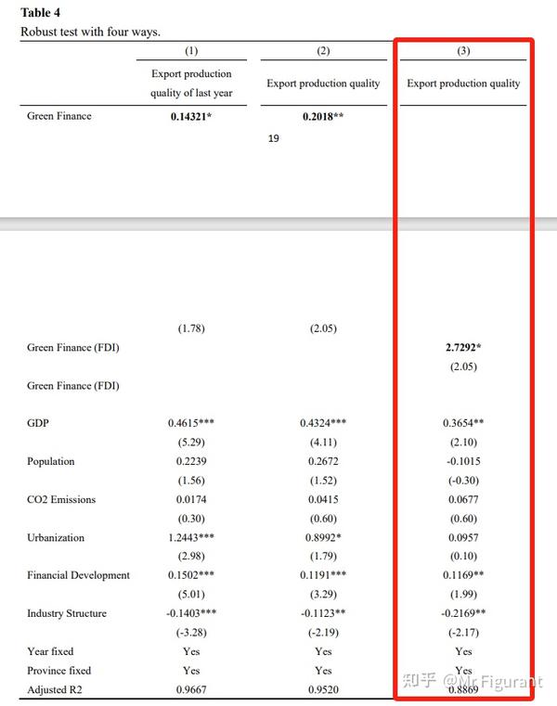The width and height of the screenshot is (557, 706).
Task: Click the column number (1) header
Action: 191,51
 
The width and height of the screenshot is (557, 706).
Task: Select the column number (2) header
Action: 323,51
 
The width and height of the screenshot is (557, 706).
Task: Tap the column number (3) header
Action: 464,51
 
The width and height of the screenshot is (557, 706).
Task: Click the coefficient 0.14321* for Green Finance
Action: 191,117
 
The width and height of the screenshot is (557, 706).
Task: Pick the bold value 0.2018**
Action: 323,117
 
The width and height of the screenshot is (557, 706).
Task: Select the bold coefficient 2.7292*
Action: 464,348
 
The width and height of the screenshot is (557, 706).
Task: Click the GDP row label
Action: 38,423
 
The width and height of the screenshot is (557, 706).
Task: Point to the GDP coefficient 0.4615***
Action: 191,423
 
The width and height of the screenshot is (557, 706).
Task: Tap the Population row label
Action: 51,461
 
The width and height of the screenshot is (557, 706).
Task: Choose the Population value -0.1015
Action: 464,461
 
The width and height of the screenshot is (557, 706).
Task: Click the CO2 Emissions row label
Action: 61,499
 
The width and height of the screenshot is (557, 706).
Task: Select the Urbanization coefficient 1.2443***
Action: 191,537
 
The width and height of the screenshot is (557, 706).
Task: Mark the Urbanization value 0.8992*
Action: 323,537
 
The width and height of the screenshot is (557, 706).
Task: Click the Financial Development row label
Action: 79,575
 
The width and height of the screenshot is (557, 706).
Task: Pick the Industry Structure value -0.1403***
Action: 191,613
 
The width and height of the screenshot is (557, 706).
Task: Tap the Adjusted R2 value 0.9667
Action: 191,689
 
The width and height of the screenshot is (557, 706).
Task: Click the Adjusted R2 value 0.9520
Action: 323,689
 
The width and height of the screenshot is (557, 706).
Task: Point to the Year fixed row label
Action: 50,651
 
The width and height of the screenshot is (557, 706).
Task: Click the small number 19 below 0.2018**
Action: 274,139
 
